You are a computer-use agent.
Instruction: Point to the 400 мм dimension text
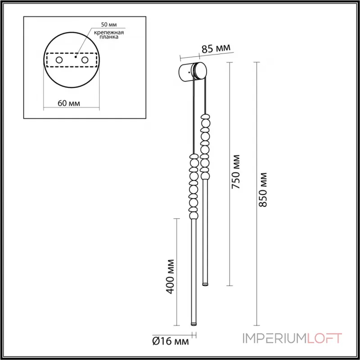coord(170,276)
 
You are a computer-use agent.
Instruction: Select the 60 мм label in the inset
coord(69,103)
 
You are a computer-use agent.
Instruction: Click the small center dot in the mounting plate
coord(76,58)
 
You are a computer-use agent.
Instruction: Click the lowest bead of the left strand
coord(194,216)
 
